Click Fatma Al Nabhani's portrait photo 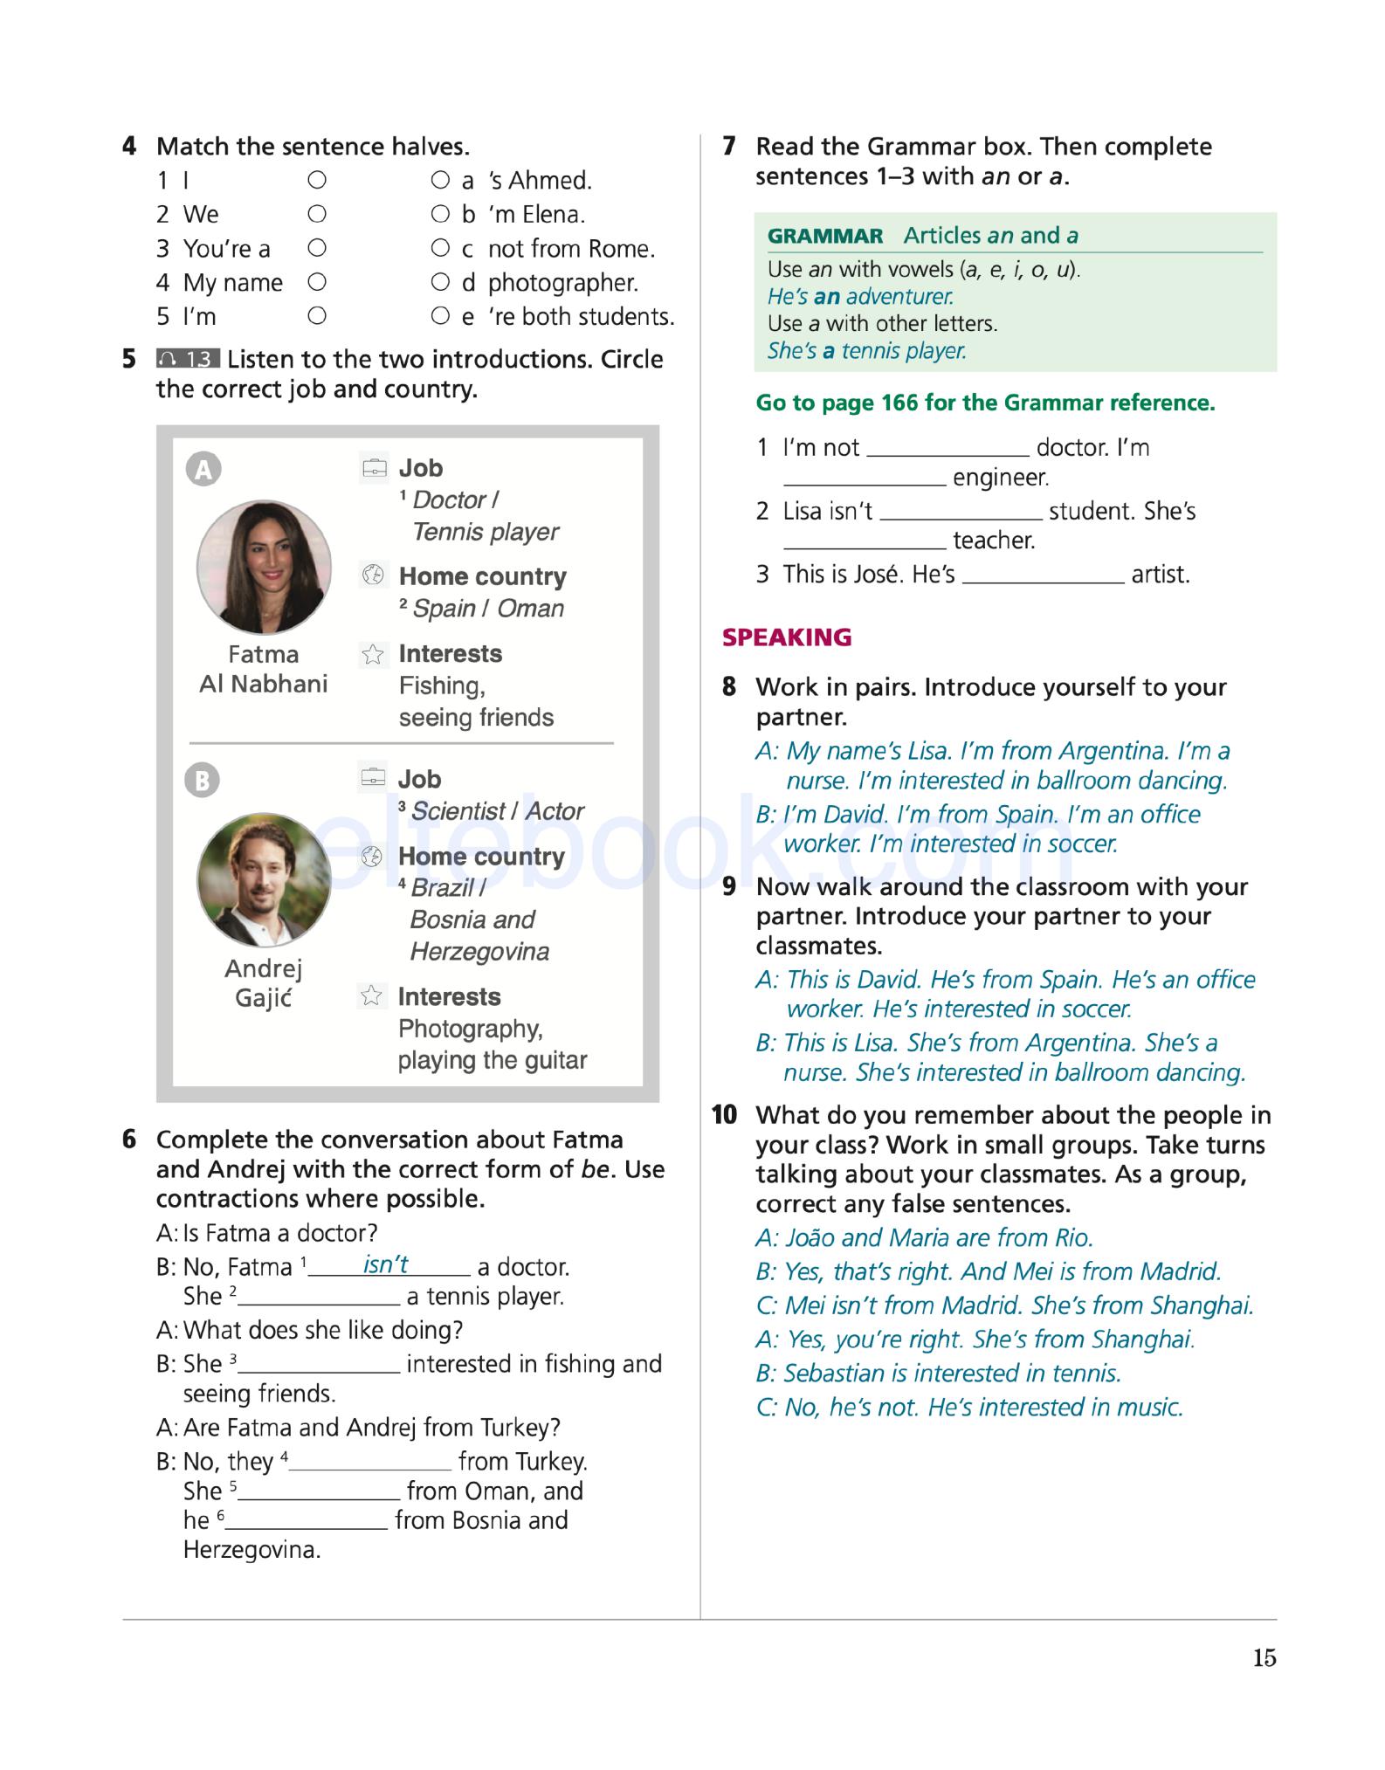264,567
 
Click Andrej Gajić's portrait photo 264,880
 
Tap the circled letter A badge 203,470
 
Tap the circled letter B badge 203,780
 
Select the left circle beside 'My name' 317,282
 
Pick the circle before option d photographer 440,282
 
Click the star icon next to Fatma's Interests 373,654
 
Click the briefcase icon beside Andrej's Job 372,778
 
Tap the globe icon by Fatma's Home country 373,575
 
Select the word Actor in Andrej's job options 555,811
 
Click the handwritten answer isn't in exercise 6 385,1264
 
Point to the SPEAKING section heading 786,637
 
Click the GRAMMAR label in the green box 824,236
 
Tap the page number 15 1264,1658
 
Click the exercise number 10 724,1115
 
